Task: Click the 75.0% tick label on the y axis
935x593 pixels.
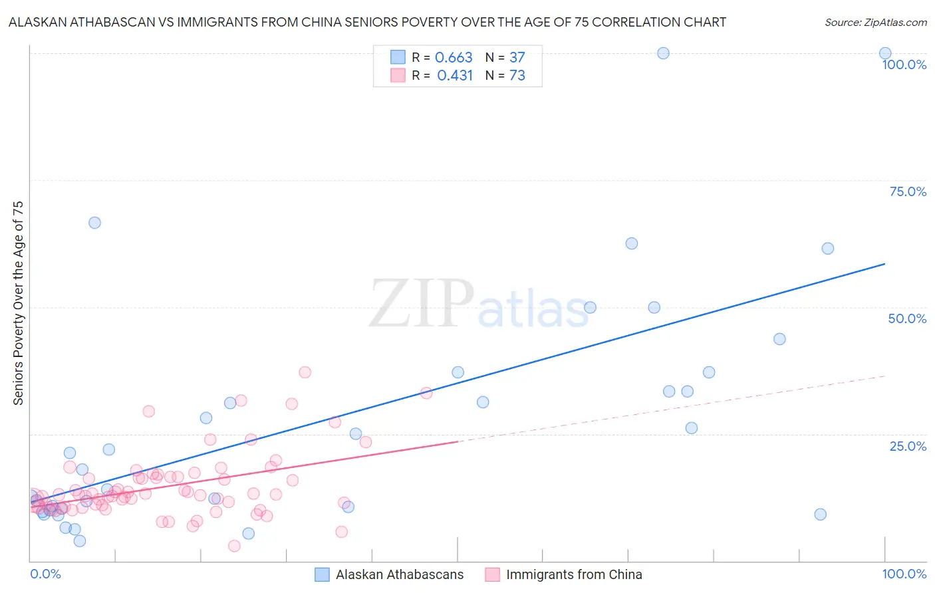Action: pos(908,191)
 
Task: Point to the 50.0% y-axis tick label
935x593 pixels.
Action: pos(907,318)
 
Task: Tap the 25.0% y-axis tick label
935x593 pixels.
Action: pos(908,445)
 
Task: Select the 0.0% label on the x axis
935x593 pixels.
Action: pos(45,574)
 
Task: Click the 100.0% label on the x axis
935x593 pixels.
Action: pos(904,574)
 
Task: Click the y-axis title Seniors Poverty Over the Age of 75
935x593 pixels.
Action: pos(18,303)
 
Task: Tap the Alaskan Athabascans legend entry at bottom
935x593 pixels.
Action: pos(399,574)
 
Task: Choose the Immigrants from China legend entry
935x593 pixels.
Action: pos(573,574)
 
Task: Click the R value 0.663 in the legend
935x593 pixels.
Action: pos(454,58)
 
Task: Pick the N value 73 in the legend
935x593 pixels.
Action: pos(517,76)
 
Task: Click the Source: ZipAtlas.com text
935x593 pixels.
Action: pos(875,23)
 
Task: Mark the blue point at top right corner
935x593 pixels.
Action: pos(885,53)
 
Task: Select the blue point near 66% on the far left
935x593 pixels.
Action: pos(94,223)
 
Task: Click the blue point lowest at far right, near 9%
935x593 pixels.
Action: pos(820,515)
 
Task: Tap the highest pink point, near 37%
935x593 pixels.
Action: pos(305,372)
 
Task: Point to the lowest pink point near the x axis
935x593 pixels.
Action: pos(234,546)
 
